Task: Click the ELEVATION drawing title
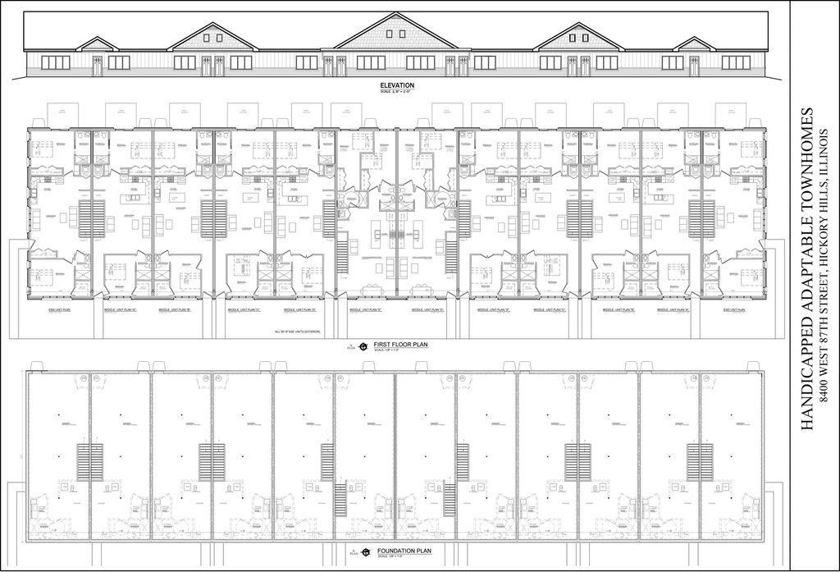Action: point(397,85)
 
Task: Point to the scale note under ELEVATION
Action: point(397,91)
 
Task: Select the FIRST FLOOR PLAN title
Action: point(398,345)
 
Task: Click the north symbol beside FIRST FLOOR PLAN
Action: point(359,347)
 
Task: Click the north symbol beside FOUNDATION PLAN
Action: point(359,553)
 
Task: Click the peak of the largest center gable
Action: point(397,14)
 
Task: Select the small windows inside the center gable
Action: point(397,38)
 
